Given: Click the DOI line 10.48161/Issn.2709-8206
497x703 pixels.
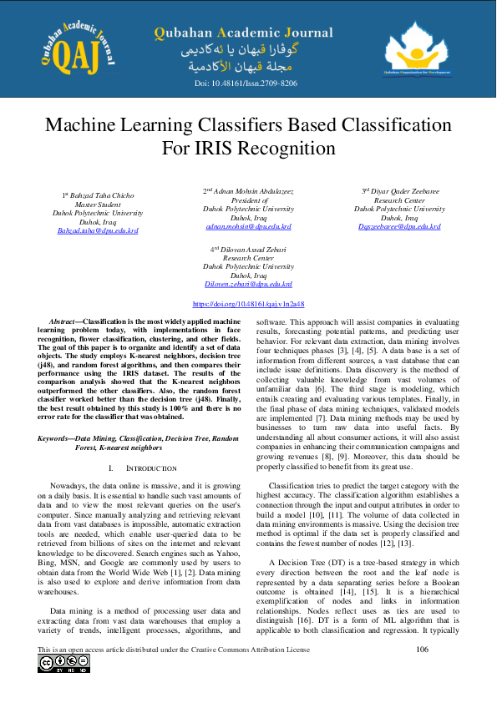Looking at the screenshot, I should tap(246, 83).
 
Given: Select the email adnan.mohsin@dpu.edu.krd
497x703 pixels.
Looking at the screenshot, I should tap(248, 226).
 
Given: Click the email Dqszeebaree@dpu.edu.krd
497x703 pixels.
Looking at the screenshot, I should tap(399, 226).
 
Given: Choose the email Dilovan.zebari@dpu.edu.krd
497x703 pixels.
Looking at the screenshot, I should tap(248, 284).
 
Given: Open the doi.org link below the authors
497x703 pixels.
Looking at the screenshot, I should tap(248, 306).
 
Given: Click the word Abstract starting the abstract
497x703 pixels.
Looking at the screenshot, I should tap(64, 321).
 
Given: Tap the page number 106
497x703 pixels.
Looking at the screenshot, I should tap(422, 649).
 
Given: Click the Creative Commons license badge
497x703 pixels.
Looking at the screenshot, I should tap(62, 664).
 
